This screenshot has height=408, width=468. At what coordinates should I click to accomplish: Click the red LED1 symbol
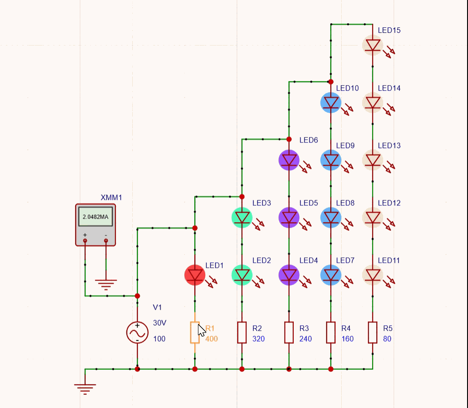(195, 275)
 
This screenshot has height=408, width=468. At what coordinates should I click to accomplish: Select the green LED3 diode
(242, 218)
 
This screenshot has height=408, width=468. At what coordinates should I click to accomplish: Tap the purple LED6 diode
(289, 160)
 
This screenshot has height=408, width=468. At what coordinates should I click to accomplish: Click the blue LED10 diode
(331, 102)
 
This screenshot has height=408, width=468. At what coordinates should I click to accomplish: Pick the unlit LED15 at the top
(373, 45)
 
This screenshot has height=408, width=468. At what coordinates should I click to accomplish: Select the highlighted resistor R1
(195, 332)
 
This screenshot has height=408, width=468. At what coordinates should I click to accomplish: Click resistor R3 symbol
(289, 332)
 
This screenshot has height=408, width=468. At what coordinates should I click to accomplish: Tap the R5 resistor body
(373, 332)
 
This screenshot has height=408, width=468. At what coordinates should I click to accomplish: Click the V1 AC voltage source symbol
(137, 332)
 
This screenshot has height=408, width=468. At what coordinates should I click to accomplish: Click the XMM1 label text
(111, 198)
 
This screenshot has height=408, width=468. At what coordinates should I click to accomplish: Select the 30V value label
(160, 323)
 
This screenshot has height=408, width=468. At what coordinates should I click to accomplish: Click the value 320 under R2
(258, 339)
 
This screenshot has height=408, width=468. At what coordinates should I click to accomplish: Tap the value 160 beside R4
(347, 339)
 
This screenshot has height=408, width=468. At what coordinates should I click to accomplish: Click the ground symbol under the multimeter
(106, 285)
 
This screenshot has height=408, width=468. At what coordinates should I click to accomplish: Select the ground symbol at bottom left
(85, 388)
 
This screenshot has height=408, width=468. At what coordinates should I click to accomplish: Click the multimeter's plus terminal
(85, 240)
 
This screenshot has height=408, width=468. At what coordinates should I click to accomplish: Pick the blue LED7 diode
(331, 275)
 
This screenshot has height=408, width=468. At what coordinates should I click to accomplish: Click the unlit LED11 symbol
(373, 275)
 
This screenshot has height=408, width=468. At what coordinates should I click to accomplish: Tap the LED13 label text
(389, 146)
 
